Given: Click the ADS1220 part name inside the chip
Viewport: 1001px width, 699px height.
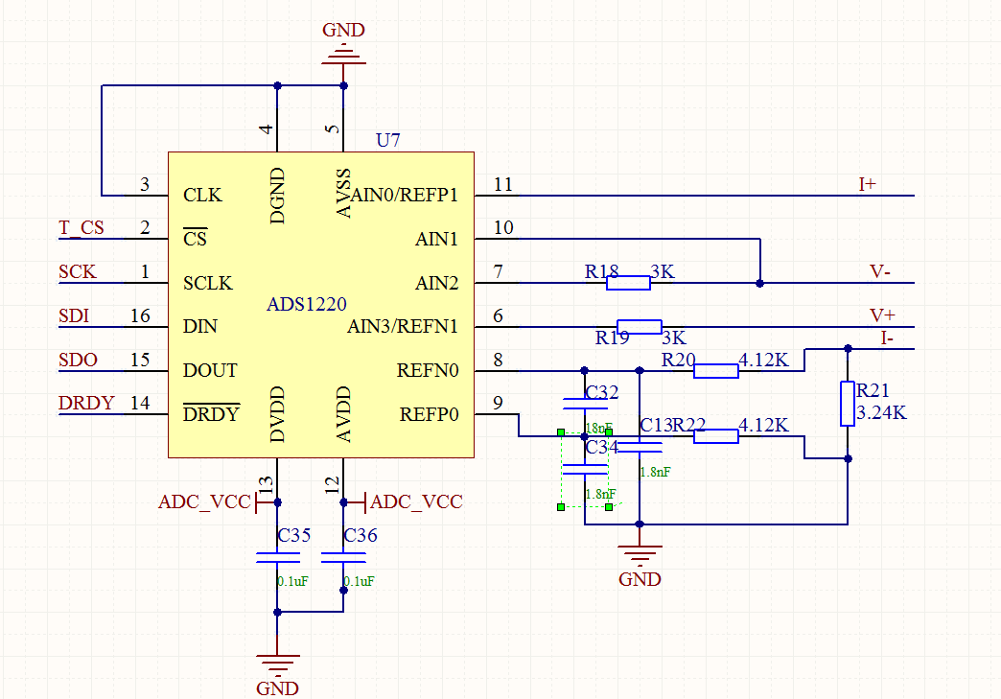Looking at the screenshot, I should click(x=307, y=305).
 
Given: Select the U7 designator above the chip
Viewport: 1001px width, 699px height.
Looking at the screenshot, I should click(x=388, y=140).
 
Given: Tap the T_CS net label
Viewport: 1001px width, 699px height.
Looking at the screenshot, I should click(x=81, y=228).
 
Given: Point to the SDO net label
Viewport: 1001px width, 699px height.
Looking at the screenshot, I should click(x=78, y=360).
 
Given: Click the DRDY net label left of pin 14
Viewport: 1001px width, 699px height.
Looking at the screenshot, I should click(x=86, y=404).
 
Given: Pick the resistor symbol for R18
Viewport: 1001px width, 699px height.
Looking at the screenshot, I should click(x=629, y=283).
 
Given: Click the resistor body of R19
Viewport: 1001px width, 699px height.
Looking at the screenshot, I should click(x=639, y=326).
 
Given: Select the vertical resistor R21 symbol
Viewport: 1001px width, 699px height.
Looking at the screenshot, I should click(x=848, y=403).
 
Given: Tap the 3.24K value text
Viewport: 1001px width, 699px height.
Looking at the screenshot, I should click(x=881, y=413).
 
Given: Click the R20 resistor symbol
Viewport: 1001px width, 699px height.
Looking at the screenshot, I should click(x=715, y=371).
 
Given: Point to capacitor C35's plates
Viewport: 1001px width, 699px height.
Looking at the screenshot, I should click(x=277, y=558).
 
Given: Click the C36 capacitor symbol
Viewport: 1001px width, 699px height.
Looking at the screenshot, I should click(x=343, y=558).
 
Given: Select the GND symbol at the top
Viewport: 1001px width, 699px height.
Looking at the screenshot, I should click(x=343, y=58).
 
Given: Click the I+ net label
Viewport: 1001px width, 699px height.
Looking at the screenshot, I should click(x=868, y=184).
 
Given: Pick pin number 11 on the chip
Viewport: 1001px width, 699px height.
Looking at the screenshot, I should click(x=503, y=184).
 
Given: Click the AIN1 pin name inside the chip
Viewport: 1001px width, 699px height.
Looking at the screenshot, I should click(x=436, y=239).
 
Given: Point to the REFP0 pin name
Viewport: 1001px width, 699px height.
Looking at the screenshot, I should click(x=429, y=414).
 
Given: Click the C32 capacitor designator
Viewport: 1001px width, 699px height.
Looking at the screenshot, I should click(x=601, y=392).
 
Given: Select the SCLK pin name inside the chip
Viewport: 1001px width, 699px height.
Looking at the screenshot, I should click(x=208, y=284).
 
